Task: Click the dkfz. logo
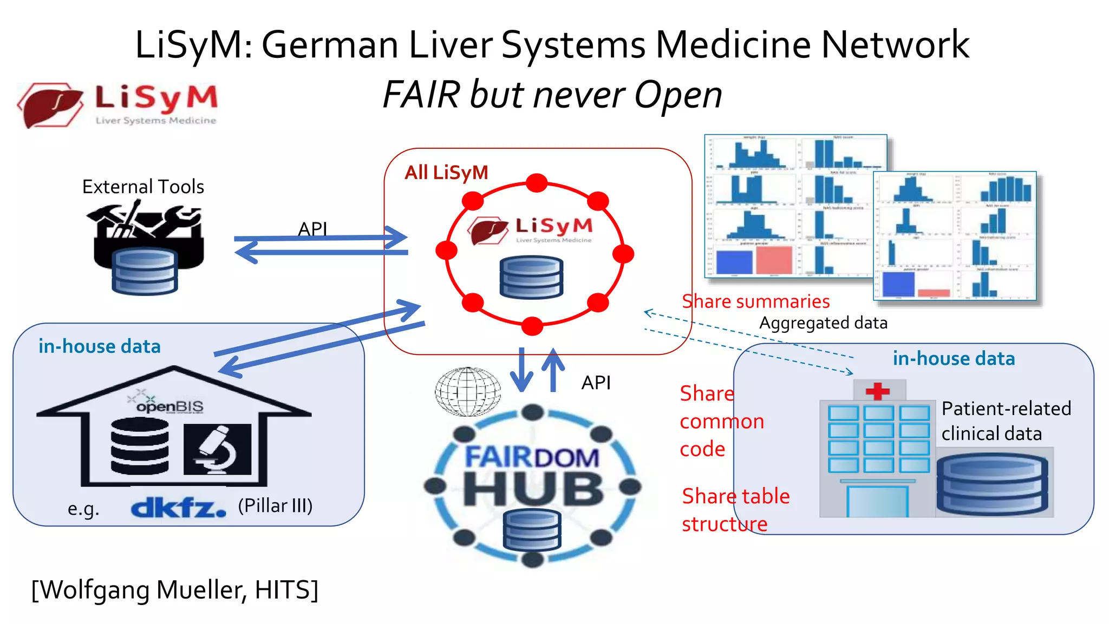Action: tap(178, 508)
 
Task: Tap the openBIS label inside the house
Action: tap(169, 406)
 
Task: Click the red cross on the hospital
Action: tap(878, 390)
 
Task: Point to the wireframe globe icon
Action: tap(468, 392)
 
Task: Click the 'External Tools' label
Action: tap(143, 187)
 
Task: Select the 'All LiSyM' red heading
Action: tap(446, 173)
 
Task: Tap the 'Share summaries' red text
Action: tap(755, 301)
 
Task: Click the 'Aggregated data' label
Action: tap(823, 323)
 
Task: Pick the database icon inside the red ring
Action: tap(531, 278)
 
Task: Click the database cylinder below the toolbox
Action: tap(145, 272)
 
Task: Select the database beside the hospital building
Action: tap(992, 484)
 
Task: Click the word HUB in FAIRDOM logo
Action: tap(533, 489)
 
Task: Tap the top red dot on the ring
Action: tap(537, 183)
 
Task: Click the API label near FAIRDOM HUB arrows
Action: tap(596, 383)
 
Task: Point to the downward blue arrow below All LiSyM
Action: tap(522, 370)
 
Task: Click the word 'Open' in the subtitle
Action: tap(678, 95)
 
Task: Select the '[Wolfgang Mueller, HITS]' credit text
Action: tap(174, 589)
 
